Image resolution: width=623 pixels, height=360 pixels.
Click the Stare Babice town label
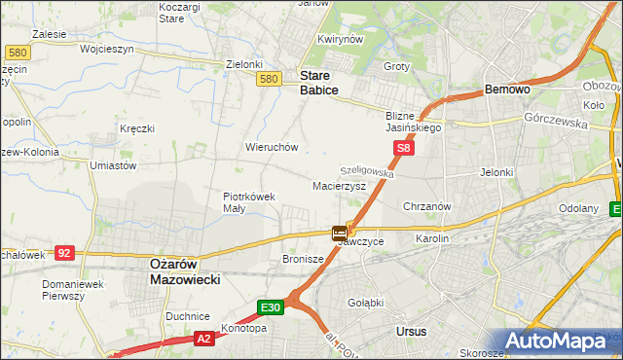tap(318, 82)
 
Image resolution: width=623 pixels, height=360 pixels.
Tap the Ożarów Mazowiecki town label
tap(185, 270)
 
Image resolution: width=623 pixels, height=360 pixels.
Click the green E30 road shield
tap(272, 307)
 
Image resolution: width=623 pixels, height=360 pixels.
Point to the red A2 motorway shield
tap(202, 339)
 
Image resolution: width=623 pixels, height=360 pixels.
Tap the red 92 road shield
tap(64, 253)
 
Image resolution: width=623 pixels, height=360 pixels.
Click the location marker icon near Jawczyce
tap(339, 233)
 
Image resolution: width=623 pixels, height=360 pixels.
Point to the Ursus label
tap(412, 331)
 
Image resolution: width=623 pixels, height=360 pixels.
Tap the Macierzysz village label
tap(339, 185)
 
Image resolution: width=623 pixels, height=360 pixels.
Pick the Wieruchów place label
tap(272, 147)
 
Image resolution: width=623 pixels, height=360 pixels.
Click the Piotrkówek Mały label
tap(249, 201)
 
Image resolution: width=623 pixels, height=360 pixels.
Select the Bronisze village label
tap(303, 260)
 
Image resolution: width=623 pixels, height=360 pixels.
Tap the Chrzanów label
tap(426, 206)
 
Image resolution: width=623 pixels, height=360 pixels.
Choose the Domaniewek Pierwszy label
tap(72, 290)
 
